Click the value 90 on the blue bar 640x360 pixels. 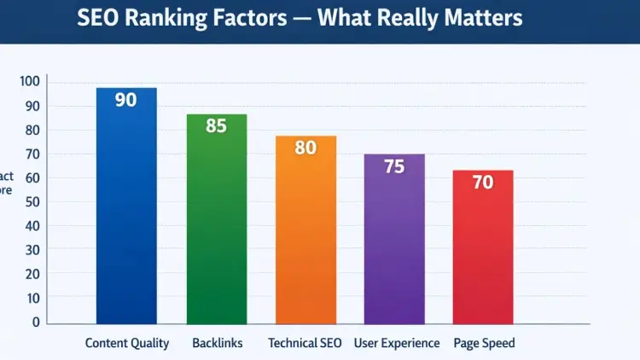(x=125, y=100)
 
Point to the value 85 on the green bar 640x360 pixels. (x=216, y=126)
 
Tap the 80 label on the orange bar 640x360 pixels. (x=305, y=148)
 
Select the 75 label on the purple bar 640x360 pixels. (x=394, y=167)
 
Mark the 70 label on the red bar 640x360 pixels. (x=483, y=183)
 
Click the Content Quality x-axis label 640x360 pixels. (x=127, y=343)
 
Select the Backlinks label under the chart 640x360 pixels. (x=217, y=343)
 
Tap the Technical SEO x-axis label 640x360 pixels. (x=305, y=343)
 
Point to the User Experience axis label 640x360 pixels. (x=398, y=343)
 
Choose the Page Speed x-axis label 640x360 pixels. (x=484, y=343)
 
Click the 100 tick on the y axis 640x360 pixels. (x=30, y=82)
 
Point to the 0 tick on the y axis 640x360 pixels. (x=36, y=322)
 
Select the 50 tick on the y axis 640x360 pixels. (x=32, y=202)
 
